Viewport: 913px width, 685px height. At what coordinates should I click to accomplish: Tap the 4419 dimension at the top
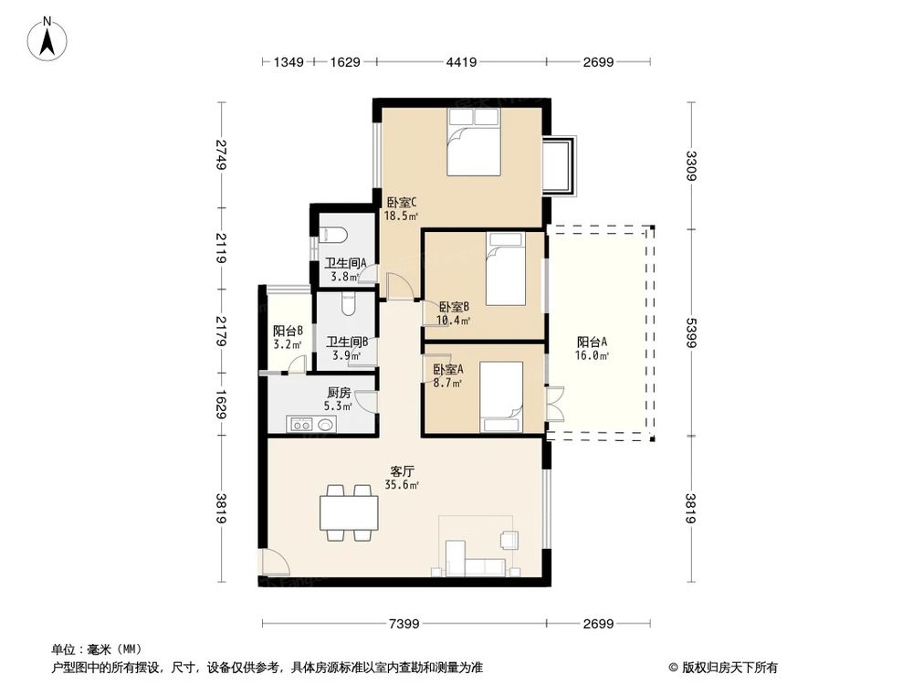[461, 62]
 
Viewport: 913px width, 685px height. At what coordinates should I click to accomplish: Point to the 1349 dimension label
[289, 62]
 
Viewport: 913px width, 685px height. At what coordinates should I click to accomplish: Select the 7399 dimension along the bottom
[404, 624]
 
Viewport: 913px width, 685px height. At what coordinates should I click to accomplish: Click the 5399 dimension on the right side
[691, 332]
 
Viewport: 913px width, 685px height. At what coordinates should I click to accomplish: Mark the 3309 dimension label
[691, 166]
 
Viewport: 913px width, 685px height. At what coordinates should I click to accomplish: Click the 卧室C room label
[402, 203]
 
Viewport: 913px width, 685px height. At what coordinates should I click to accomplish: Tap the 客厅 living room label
[403, 471]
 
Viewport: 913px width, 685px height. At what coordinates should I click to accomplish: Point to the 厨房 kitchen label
[339, 393]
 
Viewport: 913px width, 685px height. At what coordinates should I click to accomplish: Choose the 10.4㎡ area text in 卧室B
[454, 321]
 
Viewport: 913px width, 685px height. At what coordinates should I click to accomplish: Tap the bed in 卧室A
[500, 395]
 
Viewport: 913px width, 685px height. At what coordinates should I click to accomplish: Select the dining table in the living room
[349, 512]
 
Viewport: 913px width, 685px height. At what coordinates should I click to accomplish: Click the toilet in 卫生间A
[334, 235]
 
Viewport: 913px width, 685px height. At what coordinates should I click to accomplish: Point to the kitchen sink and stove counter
[311, 424]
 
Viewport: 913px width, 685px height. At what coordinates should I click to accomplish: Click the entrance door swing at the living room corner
[271, 564]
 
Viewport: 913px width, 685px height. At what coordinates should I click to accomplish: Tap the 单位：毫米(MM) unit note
[90, 649]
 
